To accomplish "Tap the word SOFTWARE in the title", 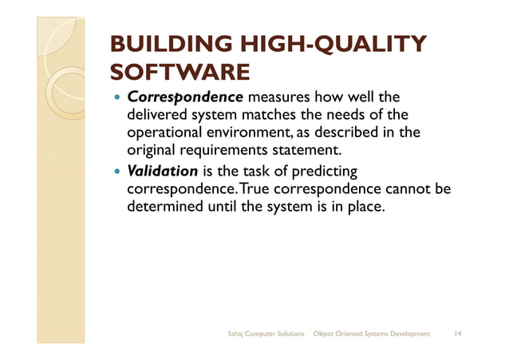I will point(180,74).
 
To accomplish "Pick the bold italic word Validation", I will point(163,172).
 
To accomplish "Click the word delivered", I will point(158,116).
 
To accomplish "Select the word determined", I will point(163,207).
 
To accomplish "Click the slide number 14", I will point(458,333).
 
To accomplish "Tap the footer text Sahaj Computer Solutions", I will point(266,333).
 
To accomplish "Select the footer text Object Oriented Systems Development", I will point(372,333).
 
